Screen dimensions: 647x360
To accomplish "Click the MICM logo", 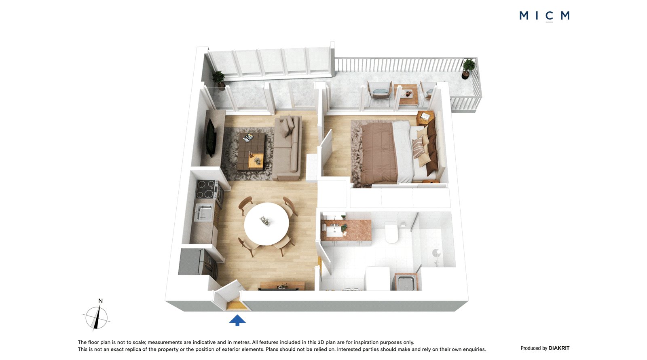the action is pyautogui.click(x=544, y=16).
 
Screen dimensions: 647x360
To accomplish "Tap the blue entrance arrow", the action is pyautogui.click(x=237, y=320).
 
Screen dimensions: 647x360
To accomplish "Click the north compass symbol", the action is pyautogui.click(x=97, y=316).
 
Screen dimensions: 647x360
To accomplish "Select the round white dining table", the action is pyautogui.click(x=266, y=224).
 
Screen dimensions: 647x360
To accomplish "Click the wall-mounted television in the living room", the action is pyautogui.click(x=211, y=138).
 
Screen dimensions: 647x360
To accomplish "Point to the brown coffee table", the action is pyautogui.click(x=251, y=151).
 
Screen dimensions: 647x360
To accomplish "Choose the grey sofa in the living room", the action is pyautogui.click(x=288, y=147).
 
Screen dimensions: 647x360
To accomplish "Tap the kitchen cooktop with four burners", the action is pyautogui.click(x=206, y=189).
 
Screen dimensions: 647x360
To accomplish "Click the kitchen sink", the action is pyautogui.click(x=204, y=212).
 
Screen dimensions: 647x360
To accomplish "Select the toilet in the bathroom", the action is pyautogui.click(x=392, y=232).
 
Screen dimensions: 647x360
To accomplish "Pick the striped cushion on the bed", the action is pyautogui.click(x=419, y=147).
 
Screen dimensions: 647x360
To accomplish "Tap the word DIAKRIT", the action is pyautogui.click(x=559, y=348).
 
